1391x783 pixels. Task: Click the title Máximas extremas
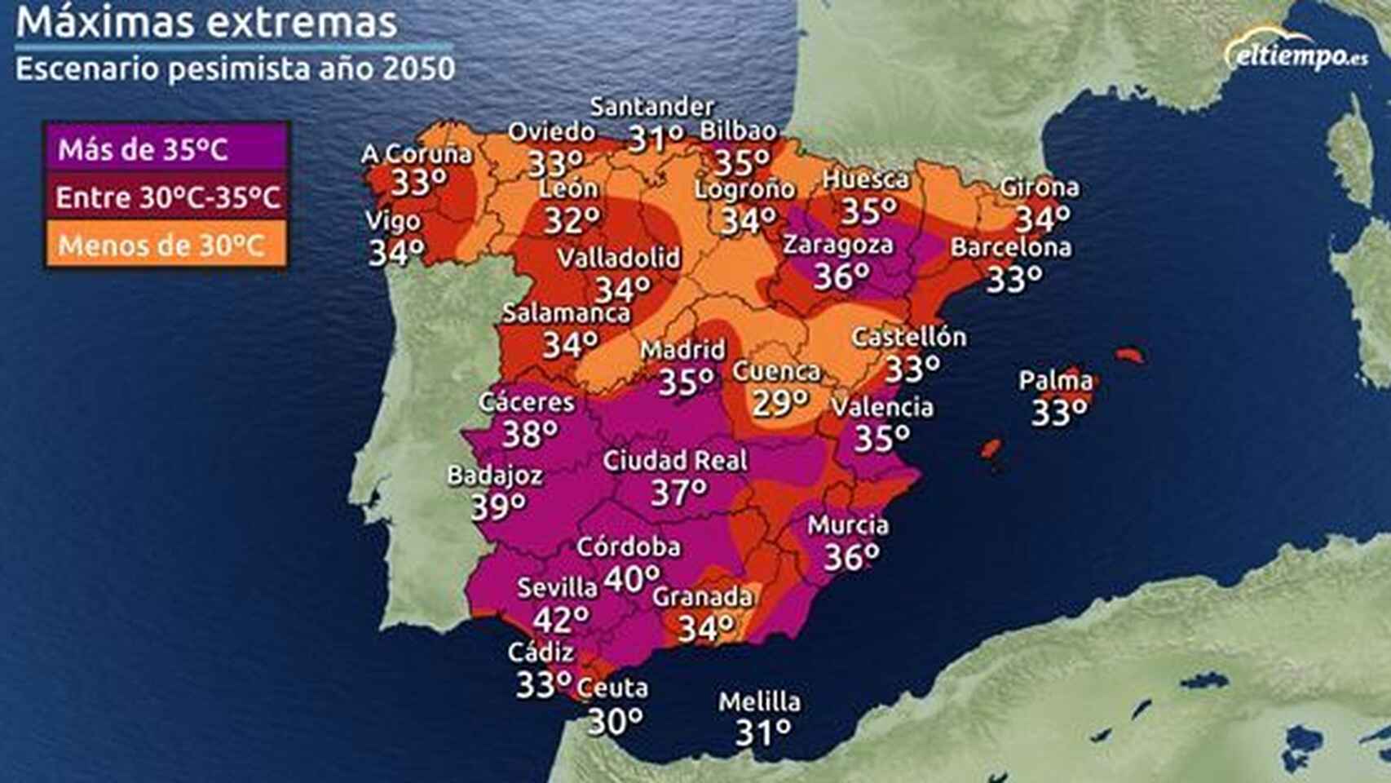(206, 22)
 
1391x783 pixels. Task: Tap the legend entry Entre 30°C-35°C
(167, 197)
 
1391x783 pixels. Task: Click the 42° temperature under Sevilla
(561, 620)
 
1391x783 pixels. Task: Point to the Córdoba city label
(628, 546)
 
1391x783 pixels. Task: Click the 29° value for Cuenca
(780, 403)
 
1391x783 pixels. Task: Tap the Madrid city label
(682, 350)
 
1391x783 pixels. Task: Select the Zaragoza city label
(837, 245)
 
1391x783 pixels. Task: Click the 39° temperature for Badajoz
(498, 507)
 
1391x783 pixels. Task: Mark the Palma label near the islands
(1055, 380)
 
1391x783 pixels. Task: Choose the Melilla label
(759, 701)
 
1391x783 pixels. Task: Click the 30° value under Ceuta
(616, 721)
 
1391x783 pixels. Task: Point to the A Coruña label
(417, 153)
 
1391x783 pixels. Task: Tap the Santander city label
(651, 107)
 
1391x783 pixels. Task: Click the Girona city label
(1039, 188)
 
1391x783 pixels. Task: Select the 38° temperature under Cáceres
(530, 434)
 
